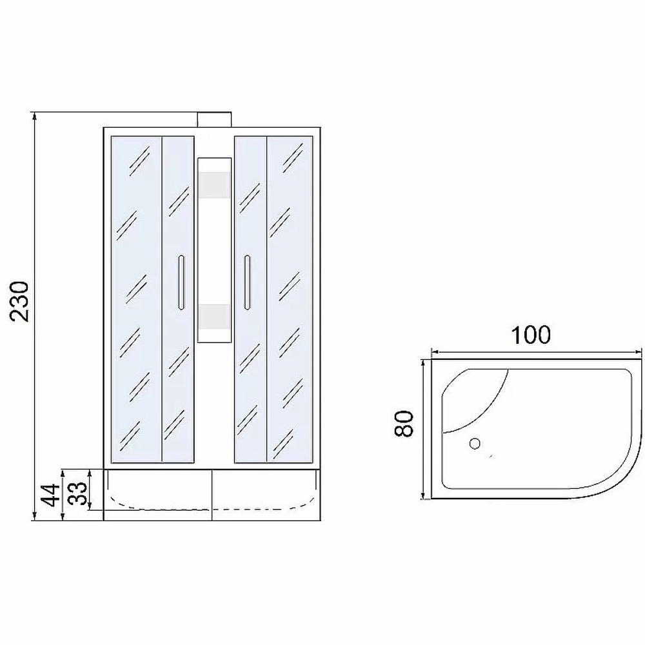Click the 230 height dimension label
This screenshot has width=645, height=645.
(21, 301)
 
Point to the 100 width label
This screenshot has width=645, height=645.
(530, 335)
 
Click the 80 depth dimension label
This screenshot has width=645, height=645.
(403, 424)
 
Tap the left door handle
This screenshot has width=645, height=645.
(181, 283)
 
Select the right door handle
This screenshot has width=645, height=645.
(247, 283)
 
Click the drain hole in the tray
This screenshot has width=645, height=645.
(475, 444)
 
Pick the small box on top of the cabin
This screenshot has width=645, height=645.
(214, 120)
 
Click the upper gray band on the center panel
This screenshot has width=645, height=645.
(214, 185)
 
